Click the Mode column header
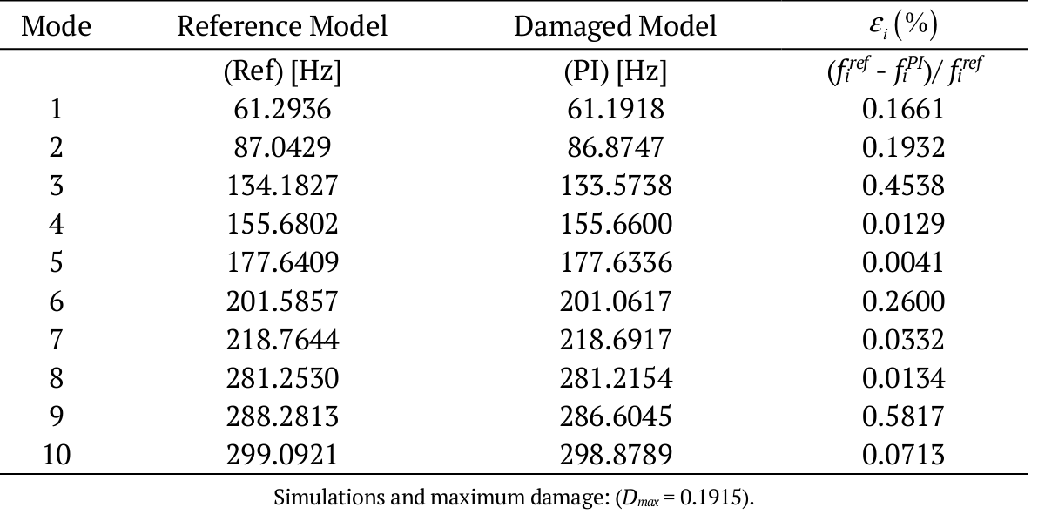tap(56, 26)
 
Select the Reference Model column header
tap(282, 26)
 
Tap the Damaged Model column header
tap(615, 26)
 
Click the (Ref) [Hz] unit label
tap(282, 71)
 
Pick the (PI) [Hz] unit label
tap(615, 71)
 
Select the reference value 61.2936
tap(282, 110)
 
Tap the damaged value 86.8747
tap(615, 148)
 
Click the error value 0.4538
tap(903, 186)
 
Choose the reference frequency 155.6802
tap(282, 225)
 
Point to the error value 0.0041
tap(903, 263)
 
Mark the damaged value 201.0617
tap(615, 301)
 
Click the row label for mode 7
tap(56, 340)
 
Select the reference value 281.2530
tap(282, 378)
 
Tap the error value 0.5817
tap(903, 416)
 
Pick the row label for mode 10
tap(56, 455)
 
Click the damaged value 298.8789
tap(615, 455)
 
